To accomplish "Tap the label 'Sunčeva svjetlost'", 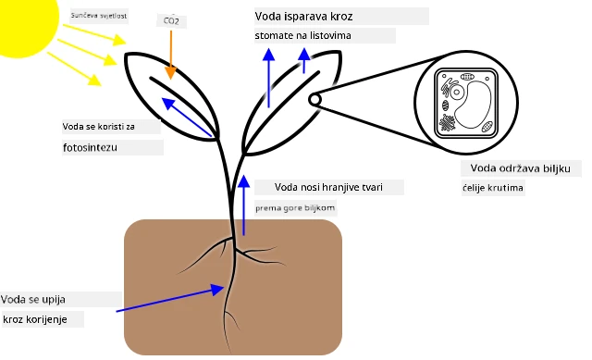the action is pos(99,16).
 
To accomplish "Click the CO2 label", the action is pos(171,20).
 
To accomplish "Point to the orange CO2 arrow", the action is pos(171,55).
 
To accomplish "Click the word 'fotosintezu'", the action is pos(90,147).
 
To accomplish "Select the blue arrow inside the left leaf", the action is pos(187,118).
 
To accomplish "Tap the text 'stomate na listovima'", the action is pos(302,35).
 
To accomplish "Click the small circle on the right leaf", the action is pos(314,100).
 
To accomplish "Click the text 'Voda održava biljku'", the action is pos(520,168).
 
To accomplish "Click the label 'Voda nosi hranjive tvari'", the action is pos(328,187).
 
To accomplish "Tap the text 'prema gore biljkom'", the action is pos(295,208).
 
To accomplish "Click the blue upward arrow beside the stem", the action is pos(244,205).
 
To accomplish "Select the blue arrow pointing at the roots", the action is pos(170,298).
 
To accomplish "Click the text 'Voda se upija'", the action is pos(33,300).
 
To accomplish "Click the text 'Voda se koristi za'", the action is pos(99,127).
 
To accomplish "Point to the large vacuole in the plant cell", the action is pos(473,105).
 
